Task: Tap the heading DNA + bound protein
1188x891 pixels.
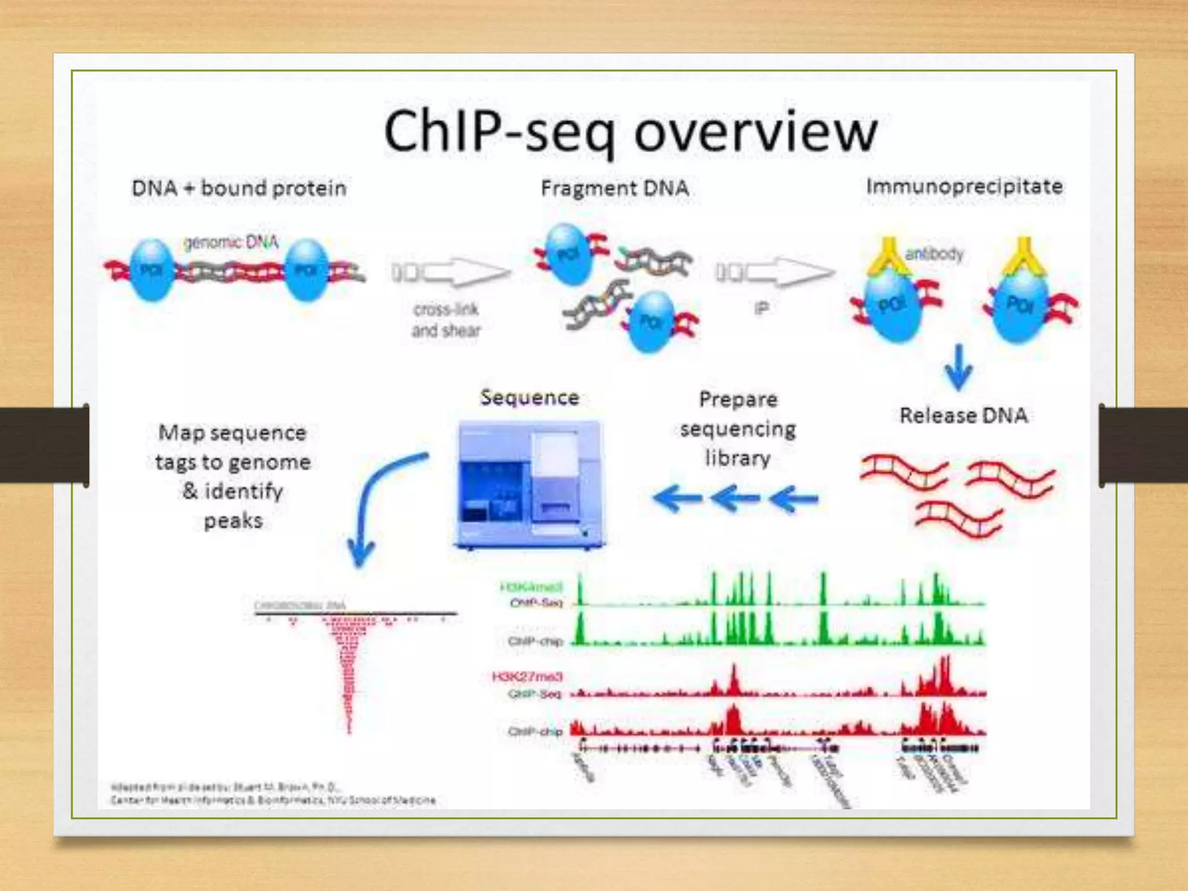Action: pos(239,188)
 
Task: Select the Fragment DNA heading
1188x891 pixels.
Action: pos(615,188)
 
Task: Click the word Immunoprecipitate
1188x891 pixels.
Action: pos(964,186)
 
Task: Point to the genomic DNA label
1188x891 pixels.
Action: pos(231,242)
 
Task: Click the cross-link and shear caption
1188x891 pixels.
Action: pos(446,320)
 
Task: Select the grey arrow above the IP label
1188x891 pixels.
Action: pos(775,271)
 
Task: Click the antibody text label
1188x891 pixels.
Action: pos(934,253)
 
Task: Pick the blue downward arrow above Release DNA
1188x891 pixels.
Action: pos(959,368)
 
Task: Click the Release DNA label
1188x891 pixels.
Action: pos(964,415)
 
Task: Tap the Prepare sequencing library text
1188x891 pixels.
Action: pos(738,429)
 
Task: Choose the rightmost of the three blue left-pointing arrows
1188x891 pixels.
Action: pos(794,499)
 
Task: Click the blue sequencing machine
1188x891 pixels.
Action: pos(529,485)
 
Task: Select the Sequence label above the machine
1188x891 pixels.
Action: pos(530,397)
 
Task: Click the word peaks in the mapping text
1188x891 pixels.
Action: pos(233,520)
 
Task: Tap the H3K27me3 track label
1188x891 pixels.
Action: pos(527,676)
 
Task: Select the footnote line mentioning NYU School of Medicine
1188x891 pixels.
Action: pos(273,801)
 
